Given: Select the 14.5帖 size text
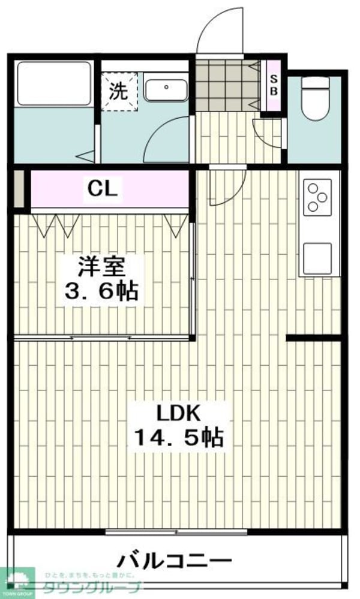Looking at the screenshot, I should click(x=178, y=438).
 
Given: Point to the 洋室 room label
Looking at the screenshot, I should click(x=102, y=266).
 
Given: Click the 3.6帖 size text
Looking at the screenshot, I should click(x=101, y=291).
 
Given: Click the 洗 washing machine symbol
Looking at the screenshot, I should click(x=119, y=92).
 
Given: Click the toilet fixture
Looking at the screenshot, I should click(x=314, y=98).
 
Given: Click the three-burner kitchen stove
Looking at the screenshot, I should click(x=317, y=197).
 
